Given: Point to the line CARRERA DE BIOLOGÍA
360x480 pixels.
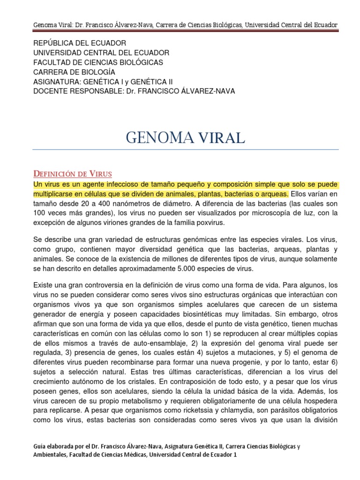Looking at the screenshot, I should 74,72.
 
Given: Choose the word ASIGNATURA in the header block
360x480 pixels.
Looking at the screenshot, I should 54,82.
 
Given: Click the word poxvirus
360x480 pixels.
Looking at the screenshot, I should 210,222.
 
